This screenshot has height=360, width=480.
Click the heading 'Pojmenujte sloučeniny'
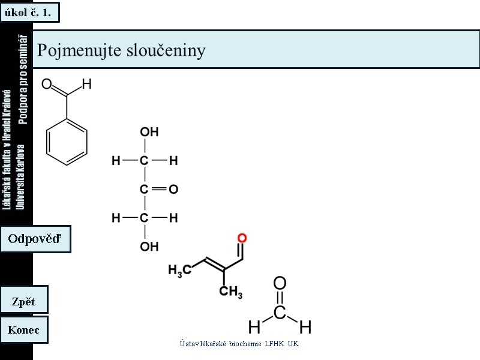121,50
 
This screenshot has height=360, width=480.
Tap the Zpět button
24,301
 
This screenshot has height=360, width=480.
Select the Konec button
24,329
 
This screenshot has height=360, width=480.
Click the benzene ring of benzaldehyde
67,142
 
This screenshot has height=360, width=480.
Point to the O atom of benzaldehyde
46,85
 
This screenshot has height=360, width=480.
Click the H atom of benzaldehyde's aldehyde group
86,85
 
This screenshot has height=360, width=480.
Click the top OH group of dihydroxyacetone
149,132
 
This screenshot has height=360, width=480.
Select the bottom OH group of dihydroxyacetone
149,247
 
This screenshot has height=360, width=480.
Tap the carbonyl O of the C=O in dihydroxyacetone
173,190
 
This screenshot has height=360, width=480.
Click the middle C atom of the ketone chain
144,190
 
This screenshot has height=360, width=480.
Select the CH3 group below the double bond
230,292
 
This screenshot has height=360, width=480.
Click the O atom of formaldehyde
280,283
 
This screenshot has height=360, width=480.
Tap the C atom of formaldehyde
280,313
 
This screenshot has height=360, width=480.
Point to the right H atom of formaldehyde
305,328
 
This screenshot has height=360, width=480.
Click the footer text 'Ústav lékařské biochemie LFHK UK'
239,344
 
